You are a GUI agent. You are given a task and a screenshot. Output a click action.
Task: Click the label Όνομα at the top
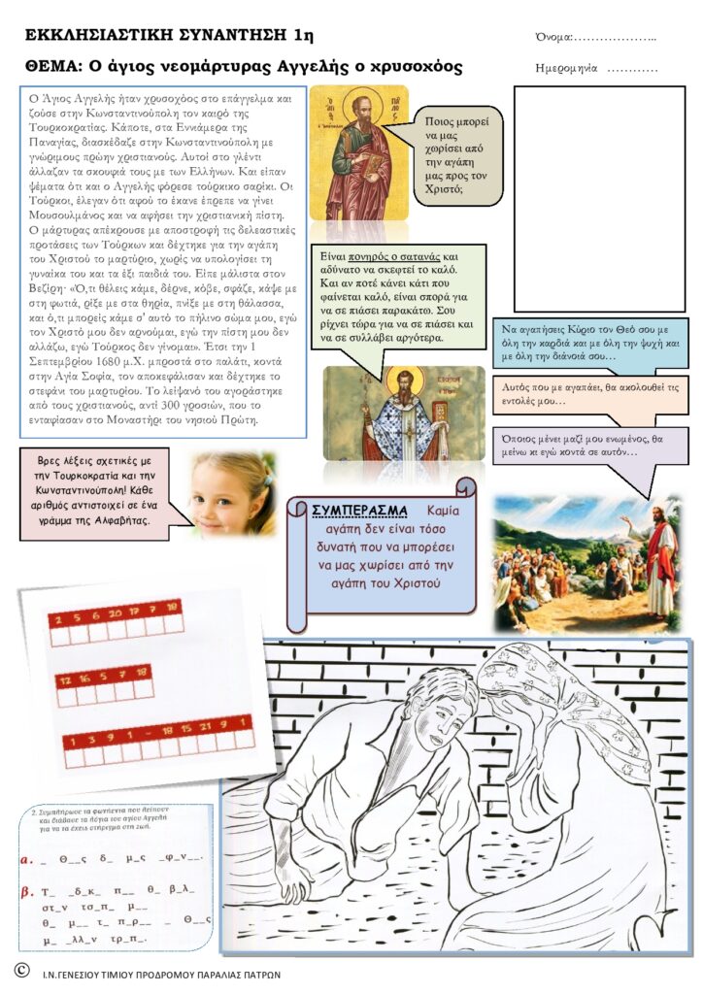pyautogui.click(x=553, y=37)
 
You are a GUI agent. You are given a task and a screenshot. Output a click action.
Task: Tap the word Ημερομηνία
pyautogui.click(x=567, y=70)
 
